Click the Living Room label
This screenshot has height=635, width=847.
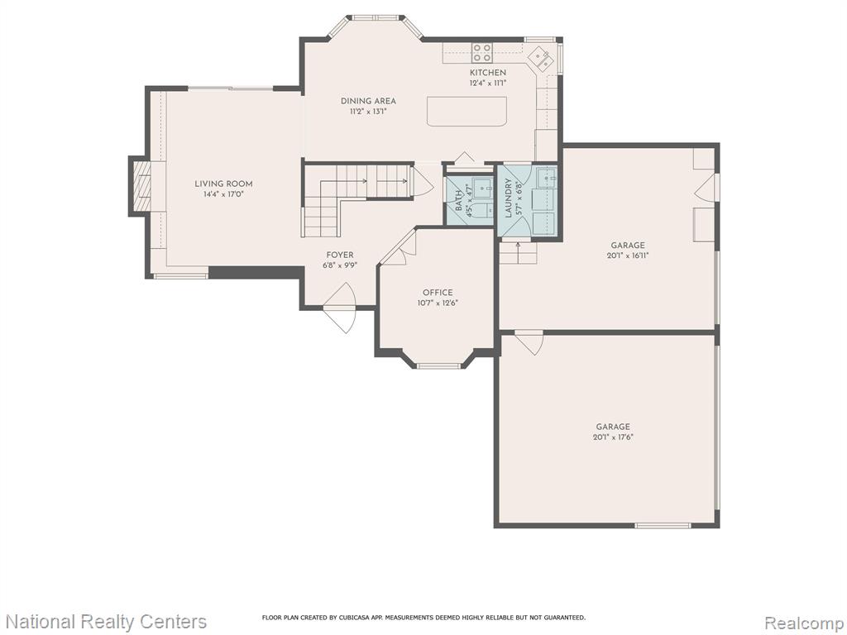pos(223,184)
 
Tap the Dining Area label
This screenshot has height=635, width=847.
pos(368,101)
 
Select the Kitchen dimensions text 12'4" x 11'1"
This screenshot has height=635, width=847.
pos(488,84)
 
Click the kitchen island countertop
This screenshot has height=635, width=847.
pos(467,112)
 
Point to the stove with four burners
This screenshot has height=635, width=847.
pos(482,53)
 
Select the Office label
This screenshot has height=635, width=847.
pos(438,293)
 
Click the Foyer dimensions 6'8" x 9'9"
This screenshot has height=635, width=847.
pos(340,265)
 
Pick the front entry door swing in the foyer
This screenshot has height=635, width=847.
pos(340,308)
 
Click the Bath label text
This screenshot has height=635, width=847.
pos(459,198)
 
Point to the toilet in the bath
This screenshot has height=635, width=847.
pos(483,210)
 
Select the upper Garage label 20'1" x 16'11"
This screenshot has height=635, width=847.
pos(628,251)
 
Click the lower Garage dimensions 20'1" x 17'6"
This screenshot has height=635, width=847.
pos(613,437)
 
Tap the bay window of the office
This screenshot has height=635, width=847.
pos(438,365)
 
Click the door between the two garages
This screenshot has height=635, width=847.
pos(529,342)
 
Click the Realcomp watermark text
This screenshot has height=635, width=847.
pos(804,623)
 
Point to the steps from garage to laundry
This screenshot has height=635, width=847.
pos(518,253)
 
